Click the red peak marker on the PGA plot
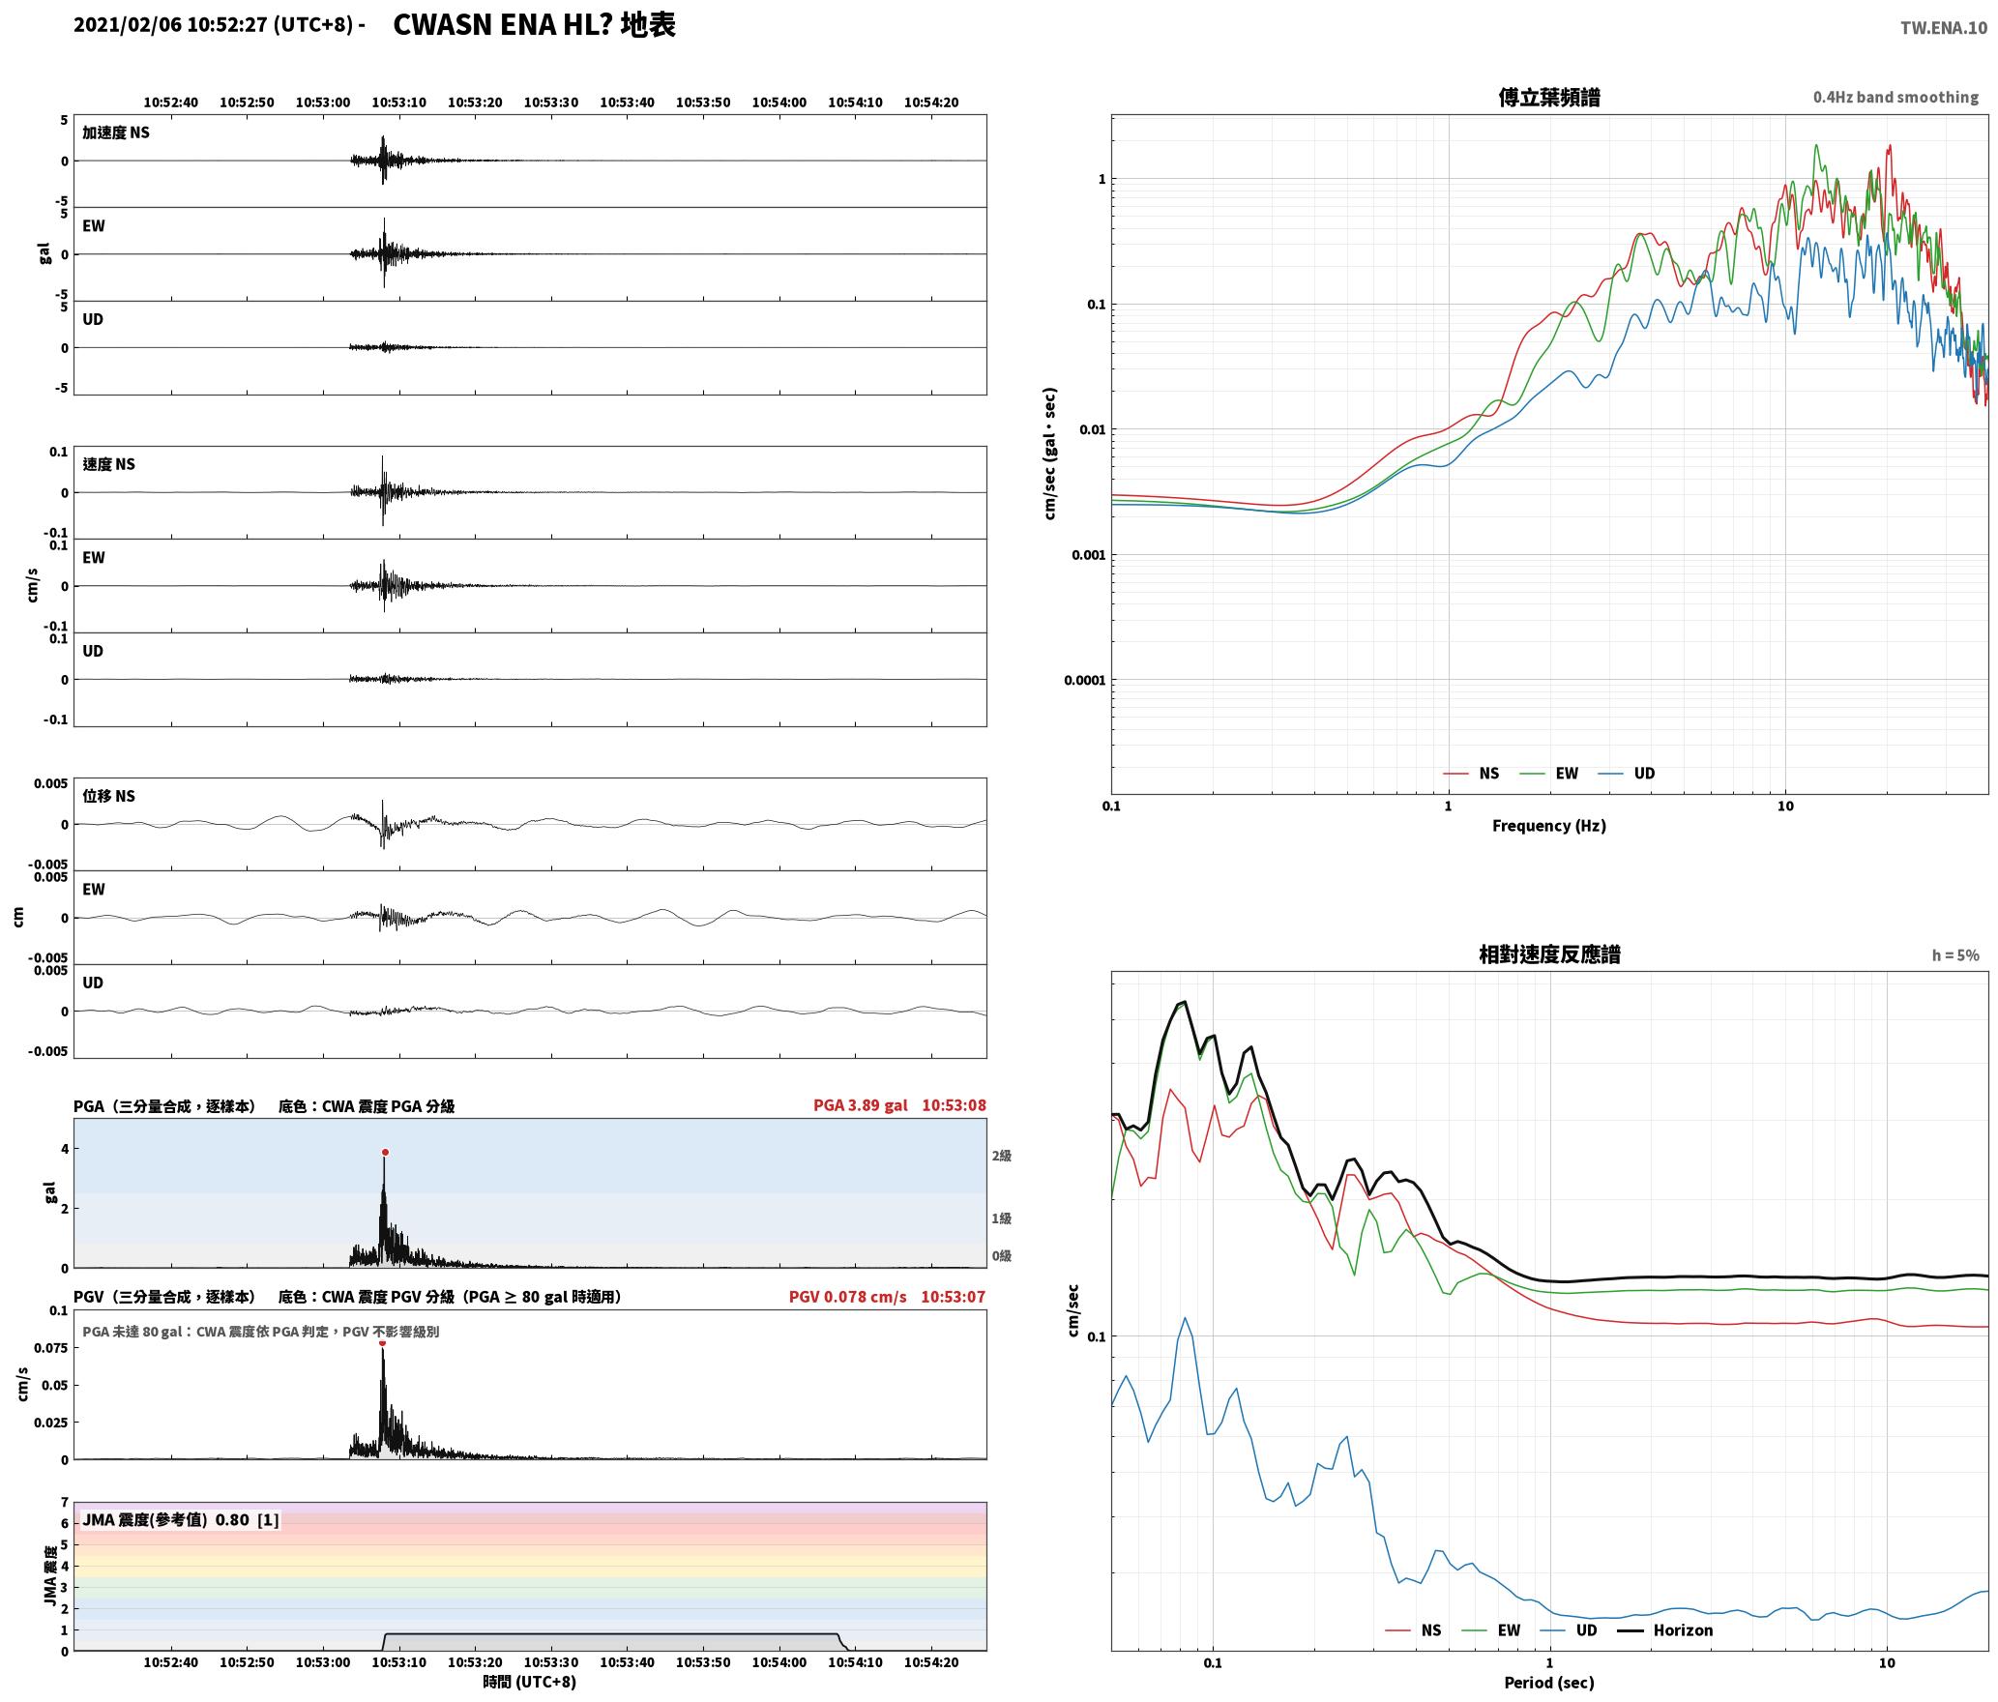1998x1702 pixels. [x=385, y=1152]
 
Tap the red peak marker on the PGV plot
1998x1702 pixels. [x=382, y=1342]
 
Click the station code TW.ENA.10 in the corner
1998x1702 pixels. [x=1944, y=28]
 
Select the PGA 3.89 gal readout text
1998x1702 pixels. [x=860, y=1105]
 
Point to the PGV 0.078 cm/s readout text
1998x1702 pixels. [x=847, y=1297]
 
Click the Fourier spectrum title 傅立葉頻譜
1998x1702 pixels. [x=1548, y=97]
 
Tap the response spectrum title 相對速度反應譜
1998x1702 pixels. [x=1549, y=954]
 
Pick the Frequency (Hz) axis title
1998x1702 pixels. [x=1548, y=826]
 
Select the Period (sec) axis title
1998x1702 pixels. [x=1548, y=1683]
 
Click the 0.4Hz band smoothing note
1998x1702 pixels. [x=1895, y=97]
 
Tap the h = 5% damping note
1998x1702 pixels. [x=1955, y=955]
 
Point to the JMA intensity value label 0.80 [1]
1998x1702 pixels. [x=247, y=1520]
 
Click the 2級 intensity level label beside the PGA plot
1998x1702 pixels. [x=1001, y=1156]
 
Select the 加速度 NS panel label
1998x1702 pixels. [x=116, y=132]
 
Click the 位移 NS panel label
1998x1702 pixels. [x=108, y=796]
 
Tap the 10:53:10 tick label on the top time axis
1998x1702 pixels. [x=398, y=103]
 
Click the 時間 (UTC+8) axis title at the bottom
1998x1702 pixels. [x=530, y=1682]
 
